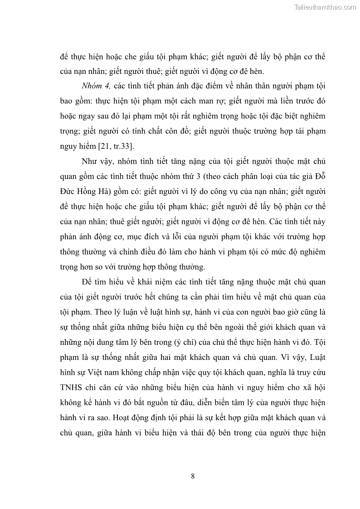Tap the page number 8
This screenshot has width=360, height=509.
pos(193,475)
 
